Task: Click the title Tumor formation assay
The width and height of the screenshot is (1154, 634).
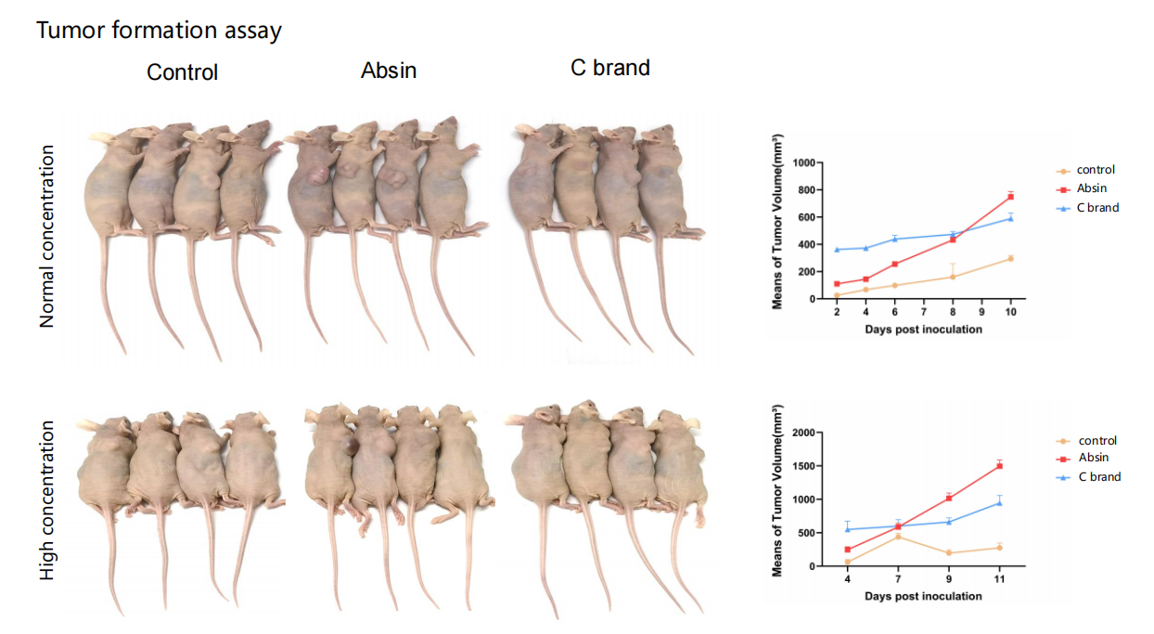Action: point(159,31)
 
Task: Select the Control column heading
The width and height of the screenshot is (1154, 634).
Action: point(182,72)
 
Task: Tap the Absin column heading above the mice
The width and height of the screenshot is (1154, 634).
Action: point(389,70)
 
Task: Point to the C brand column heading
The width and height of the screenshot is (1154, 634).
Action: point(609,68)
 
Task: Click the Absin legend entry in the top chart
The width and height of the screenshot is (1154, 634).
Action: point(1093,188)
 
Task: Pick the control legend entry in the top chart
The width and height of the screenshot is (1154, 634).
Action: point(1095,170)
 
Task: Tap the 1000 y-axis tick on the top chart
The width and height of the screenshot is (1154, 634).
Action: point(802,163)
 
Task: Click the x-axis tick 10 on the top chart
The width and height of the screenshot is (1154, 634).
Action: point(1010,313)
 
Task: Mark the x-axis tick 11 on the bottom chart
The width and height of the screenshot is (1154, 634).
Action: point(999,579)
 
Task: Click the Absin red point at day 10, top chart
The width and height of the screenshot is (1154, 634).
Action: point(1010,197)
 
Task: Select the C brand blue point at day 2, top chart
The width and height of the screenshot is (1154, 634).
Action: point(837,250)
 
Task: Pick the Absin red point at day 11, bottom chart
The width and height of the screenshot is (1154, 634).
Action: point(999,466)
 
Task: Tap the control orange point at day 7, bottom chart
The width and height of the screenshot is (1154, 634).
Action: point(898,537)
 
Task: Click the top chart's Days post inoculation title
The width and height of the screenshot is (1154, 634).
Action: point(923,330)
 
